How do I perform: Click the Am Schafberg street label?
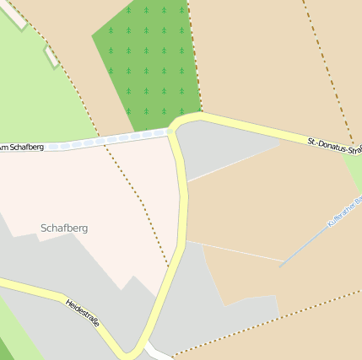22,148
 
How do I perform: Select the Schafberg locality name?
64,228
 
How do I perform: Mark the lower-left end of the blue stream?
281,266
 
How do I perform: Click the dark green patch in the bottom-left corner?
4,350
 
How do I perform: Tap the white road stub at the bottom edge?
158,352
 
